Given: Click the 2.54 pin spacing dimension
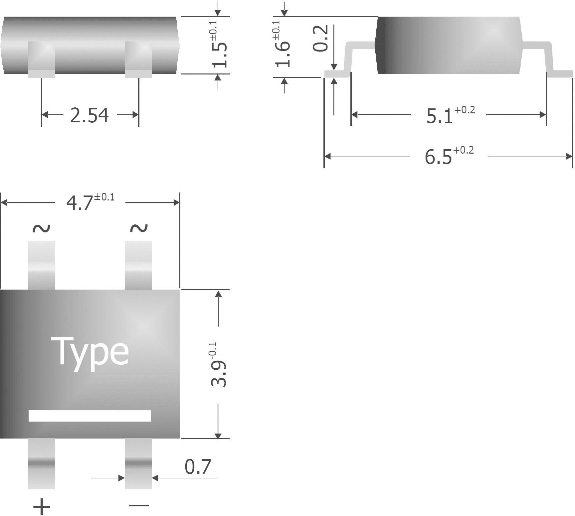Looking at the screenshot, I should pyautogui.click(x=89, y=115).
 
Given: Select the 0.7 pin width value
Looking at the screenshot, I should pyautogui.click(x=198, y=467).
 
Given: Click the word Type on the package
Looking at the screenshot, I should pyautogui.click(x=90, y=352).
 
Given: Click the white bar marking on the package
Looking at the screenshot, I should pyautogui.click(x=90, y=416).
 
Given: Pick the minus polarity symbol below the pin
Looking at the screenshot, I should pyautogui.click(x=139, y=506).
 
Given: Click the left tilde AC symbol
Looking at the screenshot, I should pyautogui.click(x=41, y=228).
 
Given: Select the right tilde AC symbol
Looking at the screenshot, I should pyautogui.click(x=138, y=228).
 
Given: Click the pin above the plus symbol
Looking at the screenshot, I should pyautogui.click(x=41, y=463).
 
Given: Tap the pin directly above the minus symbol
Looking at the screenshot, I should pyautogui.click(x=138, y=463).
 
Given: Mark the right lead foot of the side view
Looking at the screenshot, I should pyautogui.click(x=560, y=73).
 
